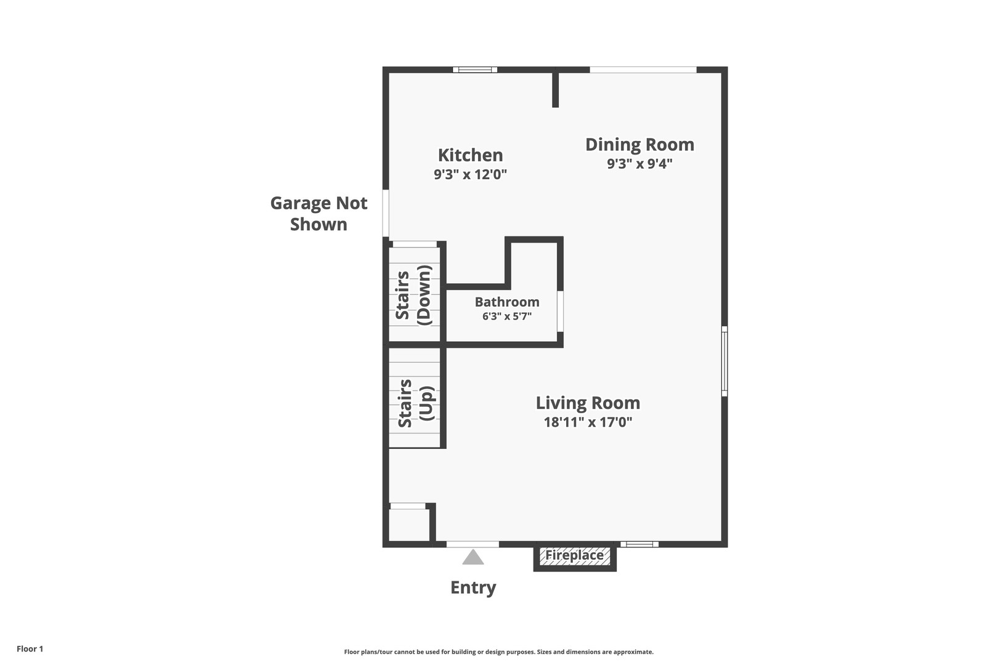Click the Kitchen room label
pyautogui.click(x=470, y=155)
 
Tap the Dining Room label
pyautogui.click(x=639, y=144)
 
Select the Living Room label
pyautogui.click(x=588, y=403)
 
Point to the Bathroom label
pyautogui.click(x=507, y=302)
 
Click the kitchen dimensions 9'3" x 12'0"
pyautogui.click(x=471, y=174)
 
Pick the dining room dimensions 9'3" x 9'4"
pyautogui.click(x=639, y=163)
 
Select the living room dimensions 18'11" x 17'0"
pyautogui.click(x=588, y=422)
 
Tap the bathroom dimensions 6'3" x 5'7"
pyautogui.click(x=507, y=316)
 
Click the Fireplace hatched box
pyautogui.click(x=575, y=556)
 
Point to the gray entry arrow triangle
pyautogui.click(x=473, y=557)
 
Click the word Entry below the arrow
pyautogui.click(x=473, y=587)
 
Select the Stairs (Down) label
pyautogui.click(x=414, y=295)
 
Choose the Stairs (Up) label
pyautogui.click(x=416, y=403)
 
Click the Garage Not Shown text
pyautogui.click(x=318, y=213)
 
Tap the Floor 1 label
pyautogui.click(x=30, y=648)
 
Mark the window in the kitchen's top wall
pyautogui.click(x=475, y=70)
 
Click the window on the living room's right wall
pyautogui.click(x=724, y=361)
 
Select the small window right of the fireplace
pyautogui.click(x=639, y=544)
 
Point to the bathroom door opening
pyautogui.click(x=560, y=312)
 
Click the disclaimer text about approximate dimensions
pyautogui.click(x=498, y=651)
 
